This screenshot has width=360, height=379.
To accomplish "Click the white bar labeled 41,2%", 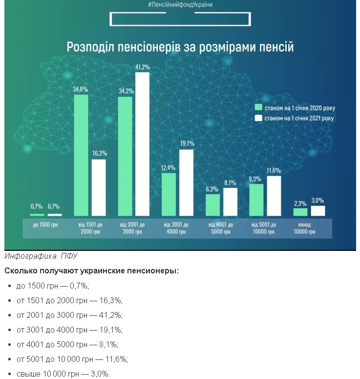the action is (142, 144).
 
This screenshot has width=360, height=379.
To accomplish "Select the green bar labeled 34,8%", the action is (81, 155).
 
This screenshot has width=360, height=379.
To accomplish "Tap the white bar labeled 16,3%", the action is (99, 188).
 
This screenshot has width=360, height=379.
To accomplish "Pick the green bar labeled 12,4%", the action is (169, 194).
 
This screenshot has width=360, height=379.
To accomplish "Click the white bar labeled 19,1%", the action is (187, 183).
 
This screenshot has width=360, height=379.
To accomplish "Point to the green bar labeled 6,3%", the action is (212, 205).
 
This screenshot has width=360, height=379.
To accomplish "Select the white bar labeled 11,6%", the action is (274, 196).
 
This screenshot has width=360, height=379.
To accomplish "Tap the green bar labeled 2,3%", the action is (300, 212).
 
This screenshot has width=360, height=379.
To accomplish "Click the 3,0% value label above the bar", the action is (318, 201).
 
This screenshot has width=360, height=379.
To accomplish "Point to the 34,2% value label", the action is (126, 91).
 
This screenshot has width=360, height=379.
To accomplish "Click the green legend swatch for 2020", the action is (258, 107).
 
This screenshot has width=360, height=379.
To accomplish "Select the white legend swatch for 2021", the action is (258, 118).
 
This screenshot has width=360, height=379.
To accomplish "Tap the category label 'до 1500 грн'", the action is (45, 224).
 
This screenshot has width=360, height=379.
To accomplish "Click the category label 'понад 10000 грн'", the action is (304, 228).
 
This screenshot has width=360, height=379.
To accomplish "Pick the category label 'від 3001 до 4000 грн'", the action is (176, 228).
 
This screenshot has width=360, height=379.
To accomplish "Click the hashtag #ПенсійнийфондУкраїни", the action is (180, 4).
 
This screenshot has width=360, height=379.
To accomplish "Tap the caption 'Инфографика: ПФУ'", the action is (41, 256).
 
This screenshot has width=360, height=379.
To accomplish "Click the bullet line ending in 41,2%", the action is (69, 315).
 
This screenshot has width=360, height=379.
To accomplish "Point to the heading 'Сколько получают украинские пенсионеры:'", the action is (92, 271).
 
